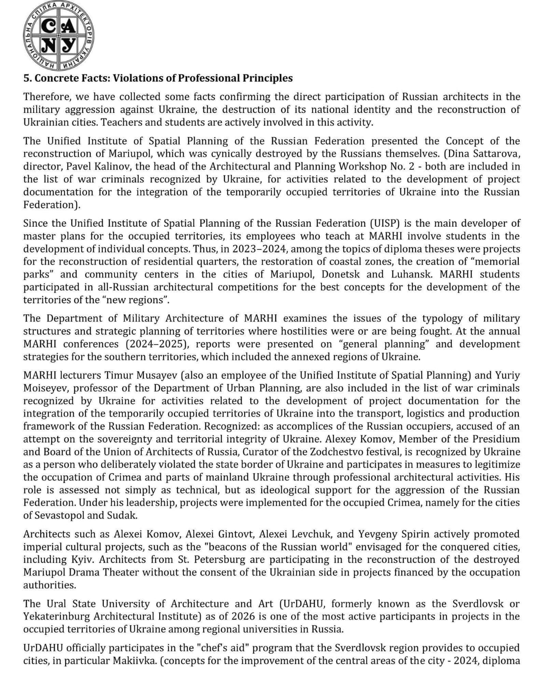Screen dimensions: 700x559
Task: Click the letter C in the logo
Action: pyautogui.click(x=49, y=27)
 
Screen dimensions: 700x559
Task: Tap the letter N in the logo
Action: pyautogui.click(x=49, y=45)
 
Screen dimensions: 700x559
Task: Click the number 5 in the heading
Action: pyautogui.click(x=26, y=78)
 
